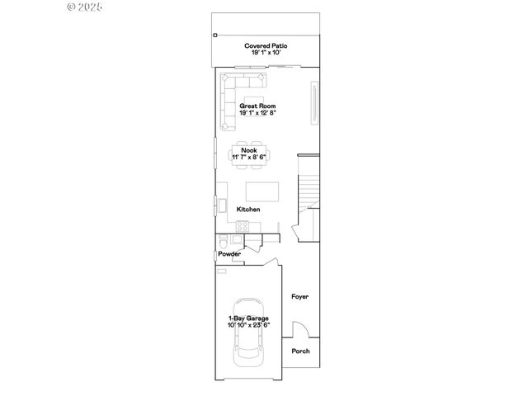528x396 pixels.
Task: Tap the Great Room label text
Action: pos(257,106)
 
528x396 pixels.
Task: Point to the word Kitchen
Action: pos(248,210)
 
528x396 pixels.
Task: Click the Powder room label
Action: pos(229,254)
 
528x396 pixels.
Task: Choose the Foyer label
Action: pos(299,296)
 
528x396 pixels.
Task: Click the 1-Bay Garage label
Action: pos(248,318)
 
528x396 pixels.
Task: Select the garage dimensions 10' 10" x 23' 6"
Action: pos(248,325)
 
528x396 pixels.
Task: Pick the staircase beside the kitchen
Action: pos(309,186)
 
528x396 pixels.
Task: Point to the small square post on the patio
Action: pos(214,35)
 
